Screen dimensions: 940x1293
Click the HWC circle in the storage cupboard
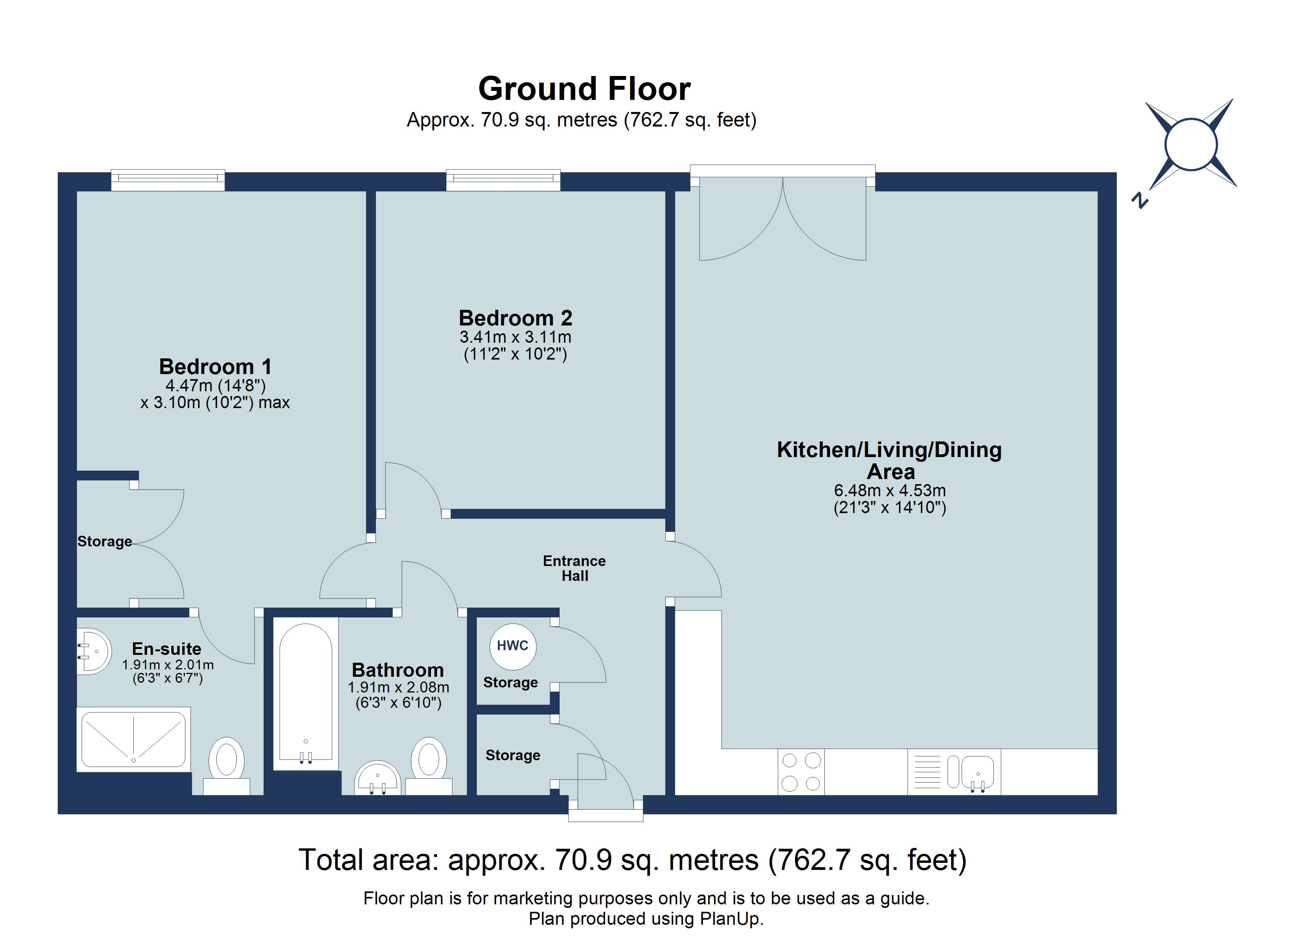[512, 646]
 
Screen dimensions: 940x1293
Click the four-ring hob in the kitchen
[800, 772]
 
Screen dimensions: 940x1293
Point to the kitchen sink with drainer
[954, 772]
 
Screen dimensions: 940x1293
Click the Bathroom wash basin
[377, 778]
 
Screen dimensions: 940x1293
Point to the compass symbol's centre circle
[1192, 144]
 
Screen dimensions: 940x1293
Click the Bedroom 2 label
[515, 318]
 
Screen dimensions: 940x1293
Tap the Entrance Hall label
[574, 568]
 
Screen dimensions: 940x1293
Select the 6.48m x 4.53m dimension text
[889, 490]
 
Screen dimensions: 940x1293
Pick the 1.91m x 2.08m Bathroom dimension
[398, 687]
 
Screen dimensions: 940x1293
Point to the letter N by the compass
[1139, 201]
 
